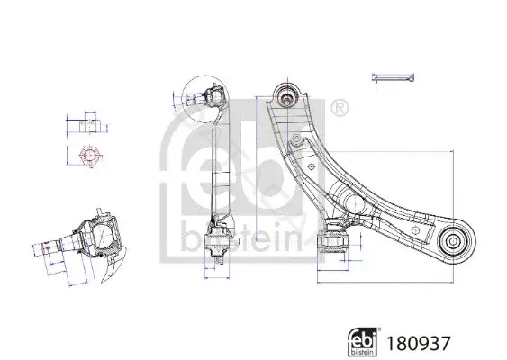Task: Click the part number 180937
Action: click(x=419, y=343)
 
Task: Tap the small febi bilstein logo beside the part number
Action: click(x=363, y=342)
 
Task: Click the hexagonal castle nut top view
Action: click(x=89, y=156)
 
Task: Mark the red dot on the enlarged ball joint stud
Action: click(x=48, y=248)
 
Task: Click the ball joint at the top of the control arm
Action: click(x=286, y=94)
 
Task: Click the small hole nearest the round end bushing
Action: click(x=416, y=230)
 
